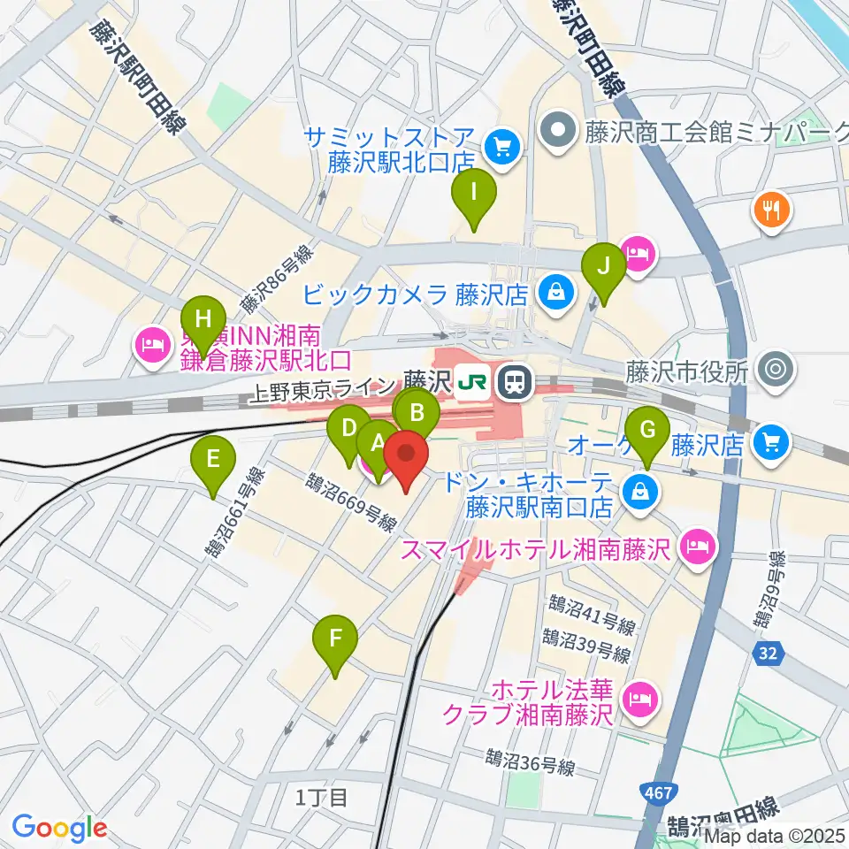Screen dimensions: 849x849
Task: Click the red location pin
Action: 406,458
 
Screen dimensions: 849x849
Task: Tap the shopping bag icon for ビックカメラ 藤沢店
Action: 555,292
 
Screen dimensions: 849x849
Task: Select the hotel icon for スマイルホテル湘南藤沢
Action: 698,547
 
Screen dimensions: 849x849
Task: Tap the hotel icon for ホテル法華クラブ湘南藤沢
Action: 638,700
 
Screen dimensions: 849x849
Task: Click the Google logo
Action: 59,827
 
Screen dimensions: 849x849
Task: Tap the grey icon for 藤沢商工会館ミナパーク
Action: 559,133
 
